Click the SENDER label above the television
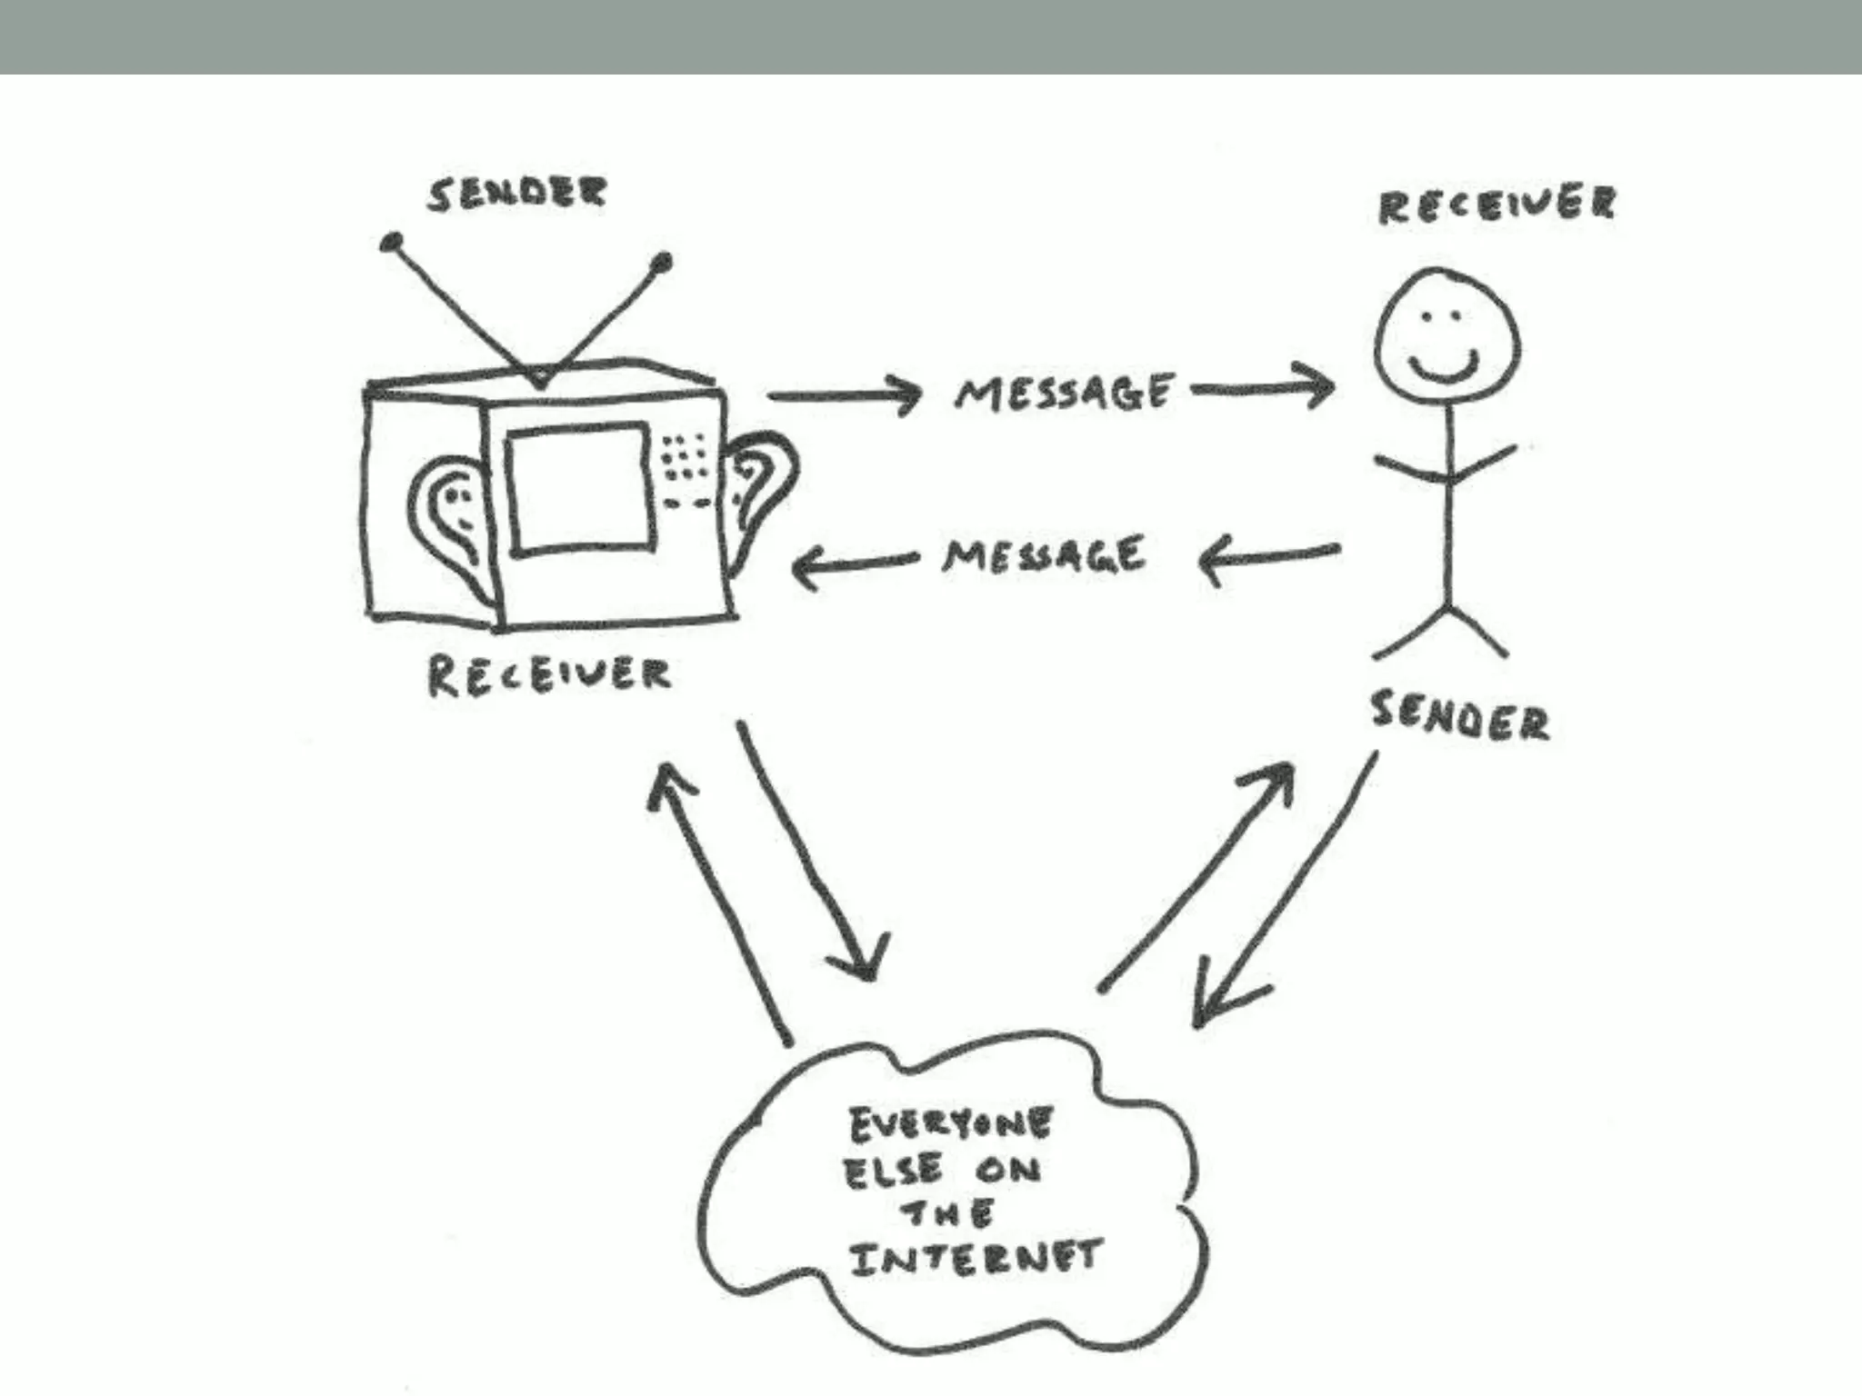(516, 194)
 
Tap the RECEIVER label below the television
(549, 675)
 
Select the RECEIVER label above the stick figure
(1497, 205)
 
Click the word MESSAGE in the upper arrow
(1063, 393)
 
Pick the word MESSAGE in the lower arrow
(1044, 555)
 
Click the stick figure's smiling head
(1446, 342)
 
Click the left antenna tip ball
(392, 243)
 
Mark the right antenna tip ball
(663, 263)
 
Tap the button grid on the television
(684, 455)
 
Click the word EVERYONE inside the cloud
(950, 1125)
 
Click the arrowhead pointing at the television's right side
(804, 568)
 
